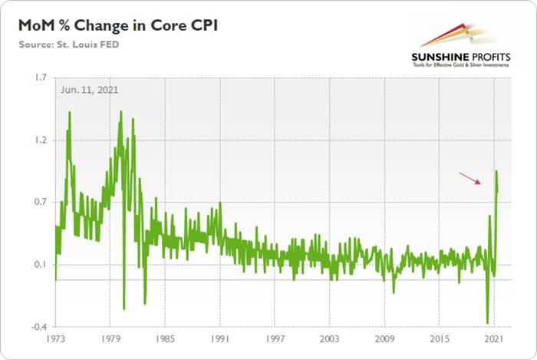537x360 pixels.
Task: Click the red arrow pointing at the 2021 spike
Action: [470, 178]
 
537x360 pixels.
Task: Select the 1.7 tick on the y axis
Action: [40, 78]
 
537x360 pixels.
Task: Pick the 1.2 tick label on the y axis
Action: [40, 140]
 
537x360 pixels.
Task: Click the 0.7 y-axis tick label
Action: [40, 203]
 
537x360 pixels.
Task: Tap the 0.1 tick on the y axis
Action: [40, 266]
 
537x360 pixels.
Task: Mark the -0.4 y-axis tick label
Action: [38, 328]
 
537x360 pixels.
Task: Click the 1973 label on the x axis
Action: [56, 339]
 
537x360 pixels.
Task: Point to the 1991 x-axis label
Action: [221, 339]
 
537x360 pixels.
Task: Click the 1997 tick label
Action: [275, 339]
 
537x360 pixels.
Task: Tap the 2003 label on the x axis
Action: [331, 339]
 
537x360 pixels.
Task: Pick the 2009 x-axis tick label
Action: [385, 339]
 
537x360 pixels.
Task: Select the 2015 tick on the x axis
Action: [440, 339]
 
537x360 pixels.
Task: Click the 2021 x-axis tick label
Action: [495, 339]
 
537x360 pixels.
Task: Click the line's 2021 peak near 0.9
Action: [496, 171]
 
